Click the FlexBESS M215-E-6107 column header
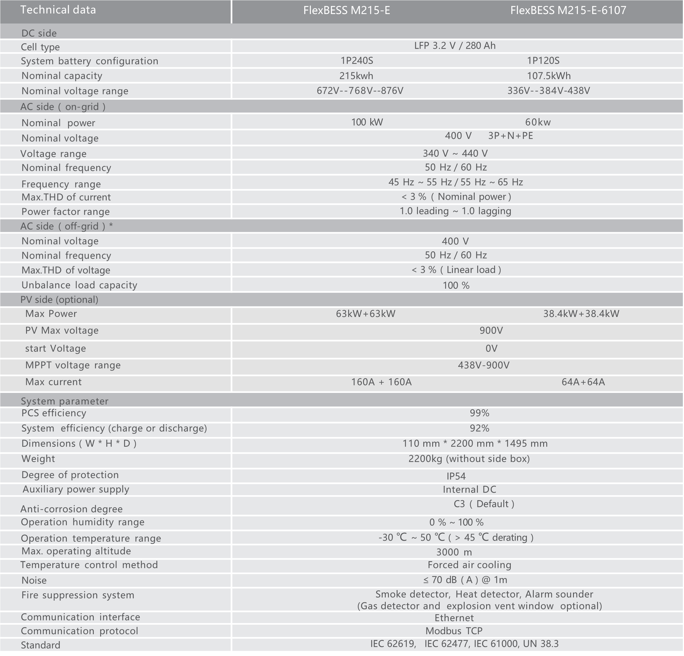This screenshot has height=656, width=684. pyautogui.click(x=568, y=11)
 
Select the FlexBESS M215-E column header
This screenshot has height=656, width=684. pyautogui.click(x=346, y=11)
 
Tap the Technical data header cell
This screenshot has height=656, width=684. pyautogui.click(x=58, y=10)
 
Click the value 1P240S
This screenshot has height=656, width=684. pyautogui.click(x=357, y=61)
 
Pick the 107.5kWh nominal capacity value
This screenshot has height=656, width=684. pyautogui.click(x=549, y=76)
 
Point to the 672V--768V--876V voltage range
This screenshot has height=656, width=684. pyautogui.click(x=360, y=91)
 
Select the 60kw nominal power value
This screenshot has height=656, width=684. pyautogui.click(x=538, y=122)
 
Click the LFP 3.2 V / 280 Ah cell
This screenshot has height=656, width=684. pyautogui.click(x=455, y=46)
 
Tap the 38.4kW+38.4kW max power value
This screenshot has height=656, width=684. pyautogui.click(x=581, y=314)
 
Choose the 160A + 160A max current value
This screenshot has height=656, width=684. pyautogui.click(x=381, y=382)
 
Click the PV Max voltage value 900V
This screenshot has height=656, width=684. pyautogui.click(x=491, y=330)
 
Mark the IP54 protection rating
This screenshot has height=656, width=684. pyautogui.click(x=456, y=476)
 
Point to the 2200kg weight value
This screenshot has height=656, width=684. pyautogui.click(x=469, y=459)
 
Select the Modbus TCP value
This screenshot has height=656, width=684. pyautogui.click(x=454, y=631)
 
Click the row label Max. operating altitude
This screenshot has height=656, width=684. pyautogui.click(x=76, y=551)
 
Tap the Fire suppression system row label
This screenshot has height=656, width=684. pyautogui.click(x=78, y=595)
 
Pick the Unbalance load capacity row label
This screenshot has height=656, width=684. pyautogui.click(x=79, y=285)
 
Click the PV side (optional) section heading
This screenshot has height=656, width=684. pyautogui.click(x=59, y=299)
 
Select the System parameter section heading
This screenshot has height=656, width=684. pyautogui.click(x=65, y=401)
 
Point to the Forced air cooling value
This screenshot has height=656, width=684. pyautogui.click(x=469, y=565)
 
